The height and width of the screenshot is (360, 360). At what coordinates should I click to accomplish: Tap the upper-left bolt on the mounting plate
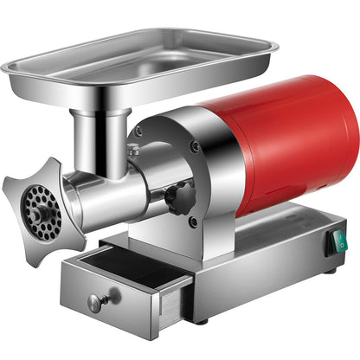(x=138, y=132)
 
